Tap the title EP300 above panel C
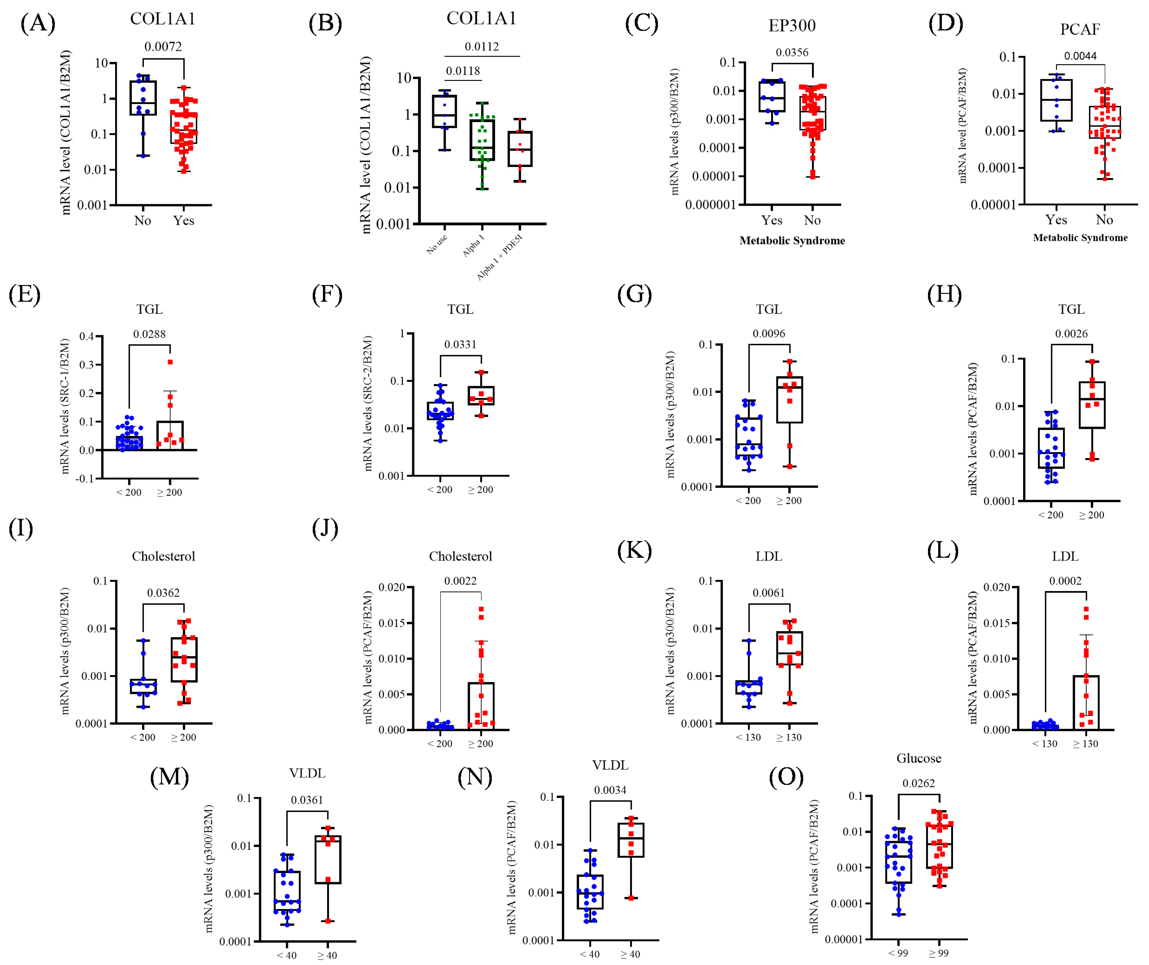coord(792,26)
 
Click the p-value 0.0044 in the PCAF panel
coord(1080,56)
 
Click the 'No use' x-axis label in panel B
coord(437,244)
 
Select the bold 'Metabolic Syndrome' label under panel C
coord(792,241)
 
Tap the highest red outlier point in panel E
coord(170,362)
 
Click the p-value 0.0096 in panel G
coord(768,334)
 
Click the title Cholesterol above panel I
coord(163,556)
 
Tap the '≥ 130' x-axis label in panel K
coord(789,737)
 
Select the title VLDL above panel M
coord(307,773)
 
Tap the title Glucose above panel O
coord(919,758)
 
